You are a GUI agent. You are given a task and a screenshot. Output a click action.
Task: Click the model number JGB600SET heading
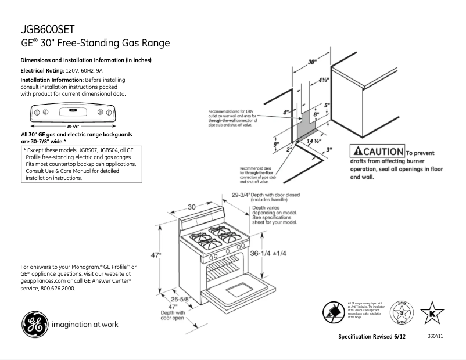click(46, 29)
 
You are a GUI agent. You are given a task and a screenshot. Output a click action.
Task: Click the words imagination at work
click(85, 325)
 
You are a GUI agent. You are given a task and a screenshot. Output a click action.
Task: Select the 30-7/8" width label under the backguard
click(74, 125)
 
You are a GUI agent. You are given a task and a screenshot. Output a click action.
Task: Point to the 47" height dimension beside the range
click(156, 254)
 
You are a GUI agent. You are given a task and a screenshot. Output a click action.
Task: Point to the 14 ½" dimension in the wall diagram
click(314, 141)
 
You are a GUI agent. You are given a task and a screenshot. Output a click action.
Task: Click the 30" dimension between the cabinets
click(313, 61)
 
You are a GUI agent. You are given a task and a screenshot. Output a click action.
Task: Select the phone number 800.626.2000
click(56, 288)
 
